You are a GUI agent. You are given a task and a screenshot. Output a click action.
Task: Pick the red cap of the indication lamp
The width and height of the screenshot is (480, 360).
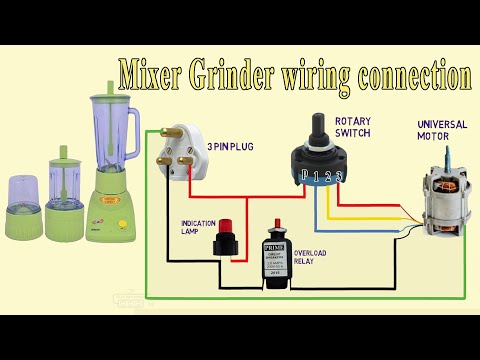pos(225,226)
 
